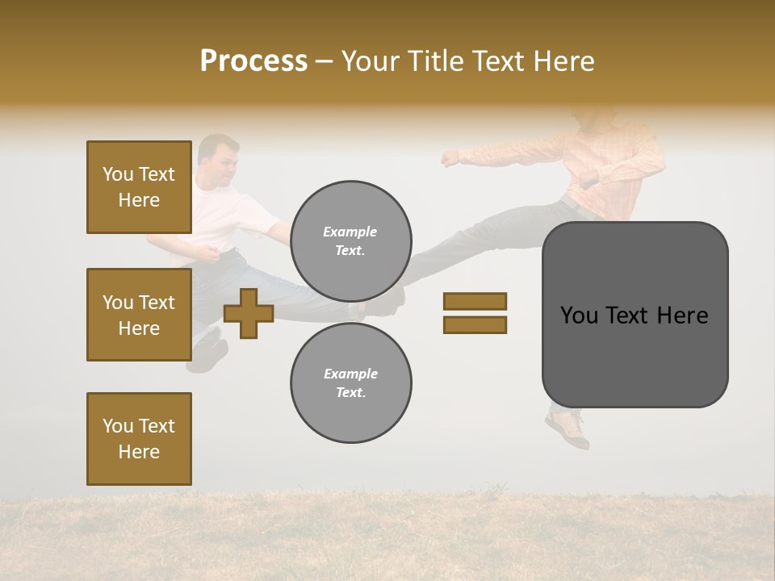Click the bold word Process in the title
tap(253, 61)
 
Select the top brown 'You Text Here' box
tap(139, 187)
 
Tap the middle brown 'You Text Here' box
tap(139, 315)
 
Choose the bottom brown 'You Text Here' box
tap(139, 439)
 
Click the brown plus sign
tap(249, 313)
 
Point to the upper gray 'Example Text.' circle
tap(350, 240)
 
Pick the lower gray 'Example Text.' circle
tap(350, 382)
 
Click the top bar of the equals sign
tap(475, 302)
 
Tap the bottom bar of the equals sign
tap(475, 324)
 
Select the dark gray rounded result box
tap(635, 315)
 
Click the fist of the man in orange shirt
tap(450, 158)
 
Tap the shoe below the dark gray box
tap(568, 428)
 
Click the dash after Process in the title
tap(324, 61)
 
